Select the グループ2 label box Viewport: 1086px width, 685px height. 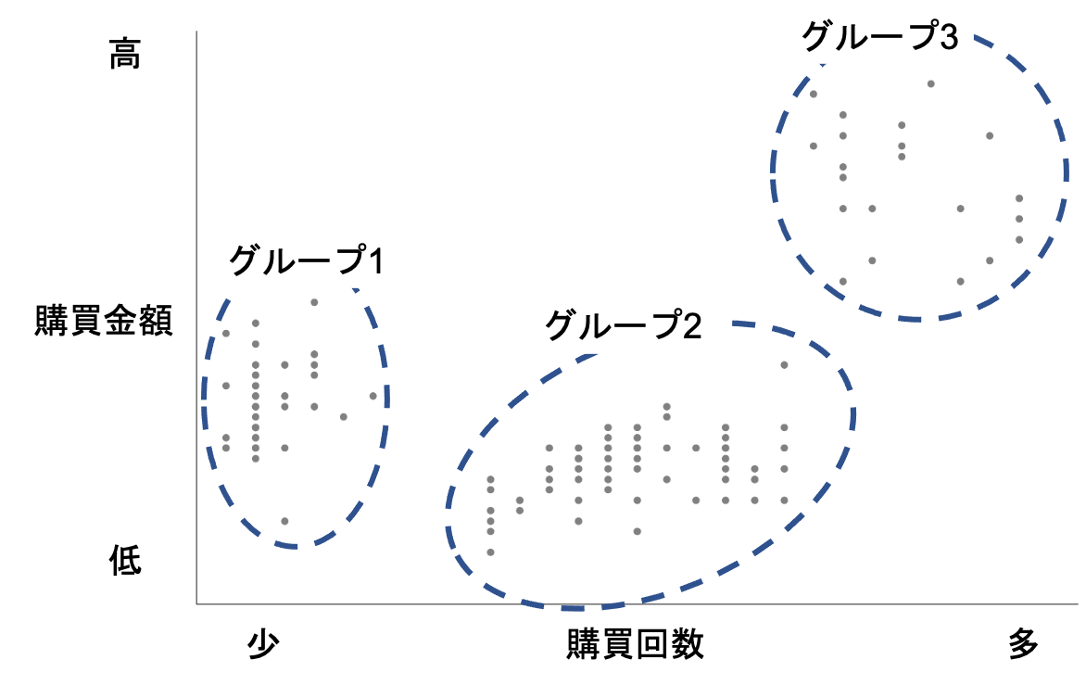(607, 325)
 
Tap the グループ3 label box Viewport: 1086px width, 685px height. (863, 36)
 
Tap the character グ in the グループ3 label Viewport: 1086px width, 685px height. (816, 37)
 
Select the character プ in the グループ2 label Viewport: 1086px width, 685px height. (660, 325)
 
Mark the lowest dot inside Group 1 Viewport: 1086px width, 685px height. (285, 521)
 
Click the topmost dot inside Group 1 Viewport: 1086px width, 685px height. (314, 302)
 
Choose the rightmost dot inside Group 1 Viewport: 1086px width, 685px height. (373, 396)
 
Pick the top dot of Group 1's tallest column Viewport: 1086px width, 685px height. (256, 323)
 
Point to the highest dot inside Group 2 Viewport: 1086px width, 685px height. (784, 364)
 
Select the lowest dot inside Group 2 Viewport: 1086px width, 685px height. (490, 552)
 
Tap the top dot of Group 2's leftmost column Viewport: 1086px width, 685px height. (490, 479)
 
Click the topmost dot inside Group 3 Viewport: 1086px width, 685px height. (930, 83)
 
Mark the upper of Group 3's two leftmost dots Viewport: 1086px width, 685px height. (814, 94)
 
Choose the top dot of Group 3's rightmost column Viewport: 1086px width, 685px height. (1018, 198)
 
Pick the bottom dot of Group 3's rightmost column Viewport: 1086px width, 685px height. (1018, 239)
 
